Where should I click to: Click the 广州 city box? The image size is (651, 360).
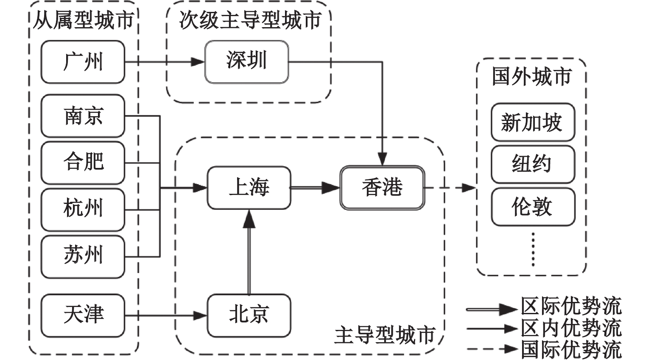[83, 62]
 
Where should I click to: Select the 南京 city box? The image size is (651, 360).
[83, 116]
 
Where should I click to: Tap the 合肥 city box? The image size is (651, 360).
[83, 162]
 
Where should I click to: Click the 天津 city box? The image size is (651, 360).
[83, 315]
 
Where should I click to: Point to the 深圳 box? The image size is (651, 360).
[247, 61]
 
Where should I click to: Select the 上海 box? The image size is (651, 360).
[249, 187]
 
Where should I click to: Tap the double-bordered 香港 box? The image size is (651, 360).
[382, 187]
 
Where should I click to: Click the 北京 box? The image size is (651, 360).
[249, 315]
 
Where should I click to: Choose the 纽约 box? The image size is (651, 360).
[533, 164]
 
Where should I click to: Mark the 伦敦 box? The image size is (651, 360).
[533, 207]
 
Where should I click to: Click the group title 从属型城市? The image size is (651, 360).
[84, 20]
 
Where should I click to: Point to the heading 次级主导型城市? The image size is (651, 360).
[250, 20]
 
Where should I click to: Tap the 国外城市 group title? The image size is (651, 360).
[532, 77]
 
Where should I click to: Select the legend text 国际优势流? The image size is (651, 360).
[571, 350]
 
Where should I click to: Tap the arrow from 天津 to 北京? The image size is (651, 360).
[165, 315]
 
